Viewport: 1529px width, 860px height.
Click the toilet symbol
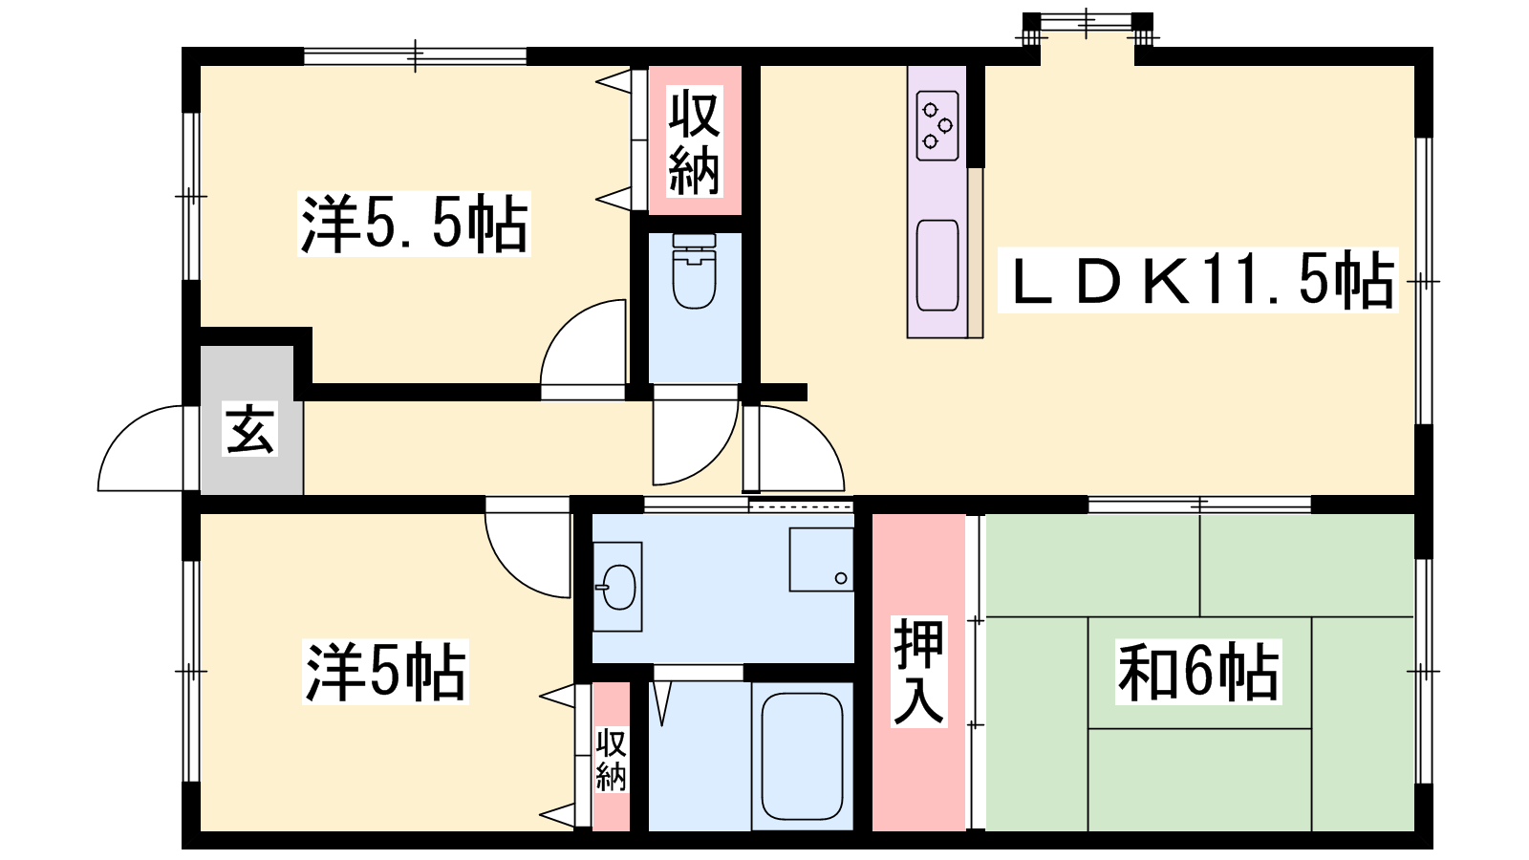[x=694, y=271]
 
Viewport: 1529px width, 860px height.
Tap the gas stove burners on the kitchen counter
[x=937, y=125]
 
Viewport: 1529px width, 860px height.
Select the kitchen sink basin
[x=937, y=266]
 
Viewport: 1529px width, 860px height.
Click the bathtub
[x=802, y=756]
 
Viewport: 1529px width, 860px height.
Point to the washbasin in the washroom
[x=617, y=587]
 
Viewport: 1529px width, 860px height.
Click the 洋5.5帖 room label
[x=415, y=224]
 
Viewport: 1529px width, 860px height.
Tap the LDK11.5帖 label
[x=1198, y=281]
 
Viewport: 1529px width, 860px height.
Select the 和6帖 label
[x=1198, y=672]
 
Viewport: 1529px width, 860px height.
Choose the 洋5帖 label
[x=386, y=672]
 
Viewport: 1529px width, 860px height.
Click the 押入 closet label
[x=918, y=671]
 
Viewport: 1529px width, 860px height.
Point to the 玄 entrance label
[x=249, y=429]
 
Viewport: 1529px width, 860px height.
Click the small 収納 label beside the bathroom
[x=611, y=760]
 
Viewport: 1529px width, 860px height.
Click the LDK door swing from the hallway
[x=819, y=431]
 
